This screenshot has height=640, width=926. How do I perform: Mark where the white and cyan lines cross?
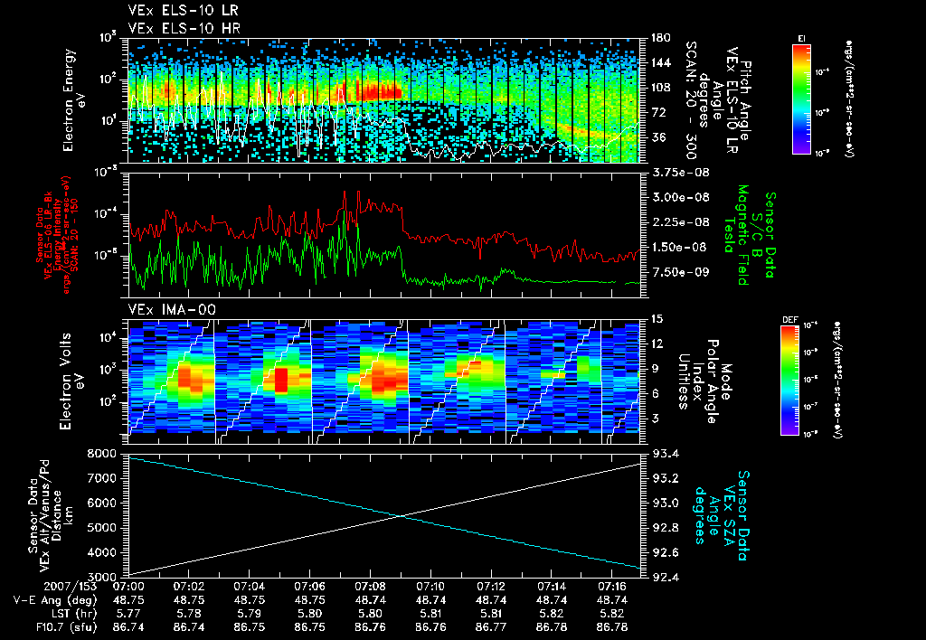pos(402,515)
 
